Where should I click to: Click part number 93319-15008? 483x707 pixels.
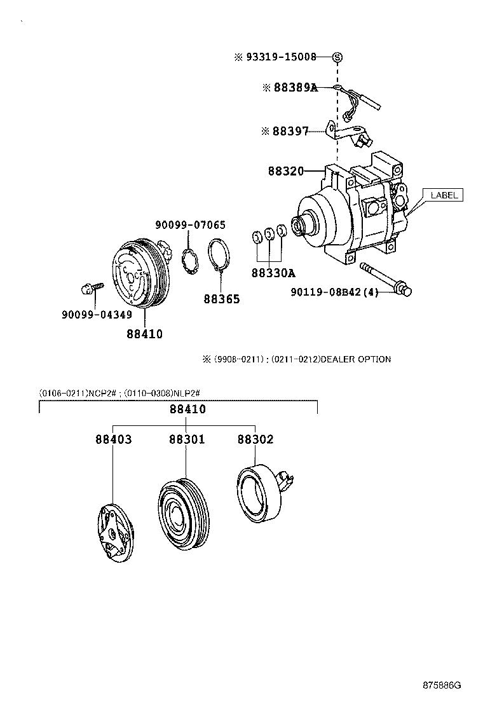281,57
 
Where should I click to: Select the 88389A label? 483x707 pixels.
295,88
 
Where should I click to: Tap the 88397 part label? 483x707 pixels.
290,132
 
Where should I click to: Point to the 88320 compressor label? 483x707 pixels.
285,171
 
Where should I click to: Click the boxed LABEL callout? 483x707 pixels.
444,195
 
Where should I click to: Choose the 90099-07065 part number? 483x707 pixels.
191,225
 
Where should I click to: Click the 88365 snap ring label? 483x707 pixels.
222,298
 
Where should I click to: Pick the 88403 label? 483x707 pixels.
114,439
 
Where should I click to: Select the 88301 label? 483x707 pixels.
186,439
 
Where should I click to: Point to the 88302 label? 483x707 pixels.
255,439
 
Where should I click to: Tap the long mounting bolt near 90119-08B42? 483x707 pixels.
385,278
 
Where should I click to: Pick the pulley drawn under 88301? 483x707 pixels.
181,514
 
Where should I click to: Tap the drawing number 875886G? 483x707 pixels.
441,685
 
